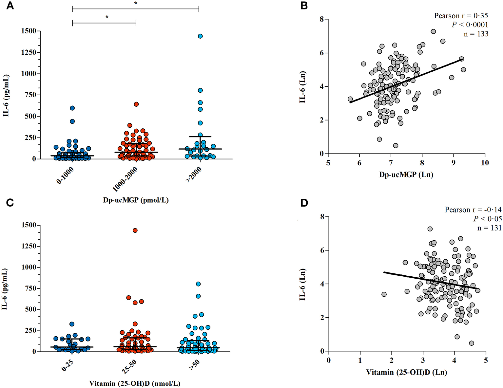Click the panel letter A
[x=10, y=6]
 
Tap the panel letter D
[x=304, y=203]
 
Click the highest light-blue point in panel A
[x=200, y=36]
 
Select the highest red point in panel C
[x=135, y=231]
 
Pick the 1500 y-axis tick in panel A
[x=29, y=31]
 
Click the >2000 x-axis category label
[x=194, y=175]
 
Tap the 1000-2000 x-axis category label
[x=125, y=179]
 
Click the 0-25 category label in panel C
[x=68, y=363]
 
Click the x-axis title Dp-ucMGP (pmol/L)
[x=136, y=200]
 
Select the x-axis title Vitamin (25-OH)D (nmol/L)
[x=135, y=383]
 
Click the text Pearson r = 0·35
[x=461, y=16]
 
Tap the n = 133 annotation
[x=476, y=34]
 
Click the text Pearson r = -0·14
[x=473, y=210]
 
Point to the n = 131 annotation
[x=489, y=228]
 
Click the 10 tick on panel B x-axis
[x=484, y=163]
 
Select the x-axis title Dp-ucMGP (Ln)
[x=406, y=175]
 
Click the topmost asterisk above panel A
[x=136, y=4]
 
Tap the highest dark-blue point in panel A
[x=72, y=108]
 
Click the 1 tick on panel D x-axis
[x=360, y=360]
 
